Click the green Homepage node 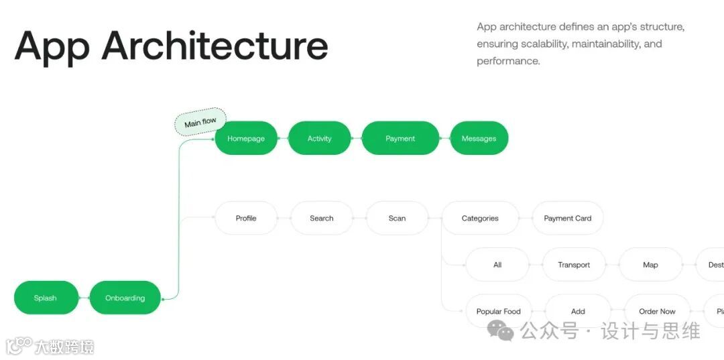tap(246, 139)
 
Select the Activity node tap(319, 139)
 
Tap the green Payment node tap(400, 139)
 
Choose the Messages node tap(479, 139)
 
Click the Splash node tap(46, 298)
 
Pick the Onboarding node tap(125, 298)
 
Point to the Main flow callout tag tap(200, 122)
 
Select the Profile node tap(246, 218)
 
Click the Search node tap(322, 218)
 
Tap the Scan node tap(397, 218)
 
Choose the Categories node tap(480, 218)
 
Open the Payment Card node tap(567, 218)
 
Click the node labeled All tap(497, 265)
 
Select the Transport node tap(574, 265)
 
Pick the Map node tap(650, 265)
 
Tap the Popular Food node tap(498, 311)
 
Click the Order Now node tap(657, 311)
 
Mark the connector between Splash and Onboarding tap(84, 298)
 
